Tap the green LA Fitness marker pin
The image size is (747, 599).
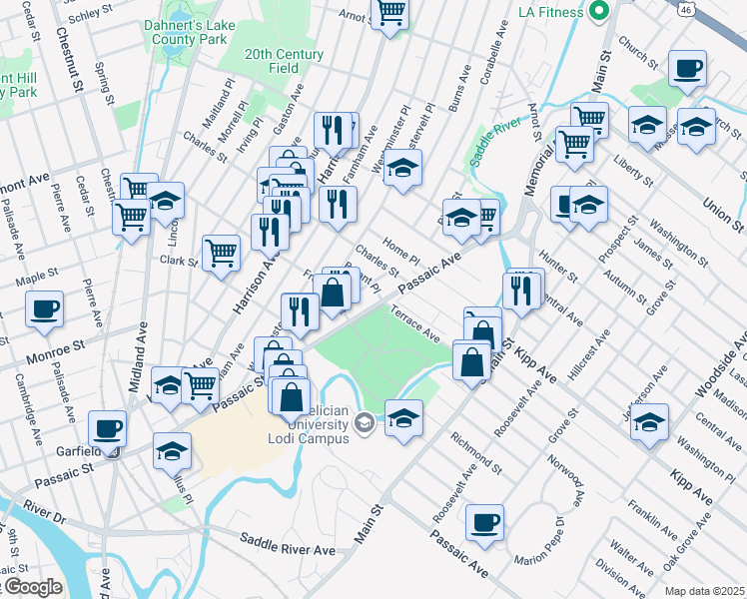coord(599,12)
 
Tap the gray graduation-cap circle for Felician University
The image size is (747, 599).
coord(365,423)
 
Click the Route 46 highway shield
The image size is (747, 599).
coord(737,7)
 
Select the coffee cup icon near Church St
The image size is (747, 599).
coord(687,70)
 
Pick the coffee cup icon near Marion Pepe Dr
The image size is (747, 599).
coord(485,523)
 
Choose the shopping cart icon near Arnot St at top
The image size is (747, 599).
coord(390,13)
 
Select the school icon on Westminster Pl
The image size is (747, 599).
coord(402,170)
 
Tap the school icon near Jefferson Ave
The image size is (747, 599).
coord(650,423)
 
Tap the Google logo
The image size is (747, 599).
coord(32,587)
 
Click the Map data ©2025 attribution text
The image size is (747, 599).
coord(703,591)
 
